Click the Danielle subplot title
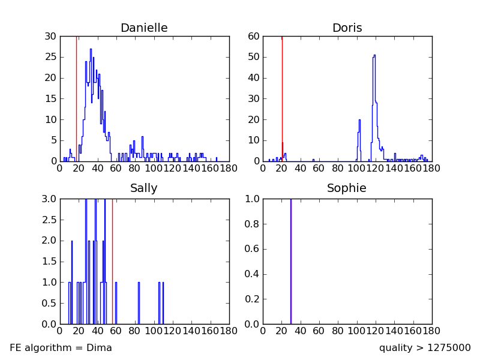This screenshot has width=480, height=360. (144, 28)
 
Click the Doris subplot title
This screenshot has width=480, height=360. (347, 28)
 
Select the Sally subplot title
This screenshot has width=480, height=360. (144, 188)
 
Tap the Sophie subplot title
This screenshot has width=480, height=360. (347, 188)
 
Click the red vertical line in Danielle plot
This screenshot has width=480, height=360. (76, 90)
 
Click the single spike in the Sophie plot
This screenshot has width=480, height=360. (291, 258)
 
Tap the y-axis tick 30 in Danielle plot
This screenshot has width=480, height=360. (52, 37)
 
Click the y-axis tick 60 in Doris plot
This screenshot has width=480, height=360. (254, 37)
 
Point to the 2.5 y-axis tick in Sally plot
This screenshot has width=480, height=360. (49, 220)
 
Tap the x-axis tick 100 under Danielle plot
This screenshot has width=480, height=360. (154, 169)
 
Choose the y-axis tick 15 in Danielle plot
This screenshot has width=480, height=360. (52, 99)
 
